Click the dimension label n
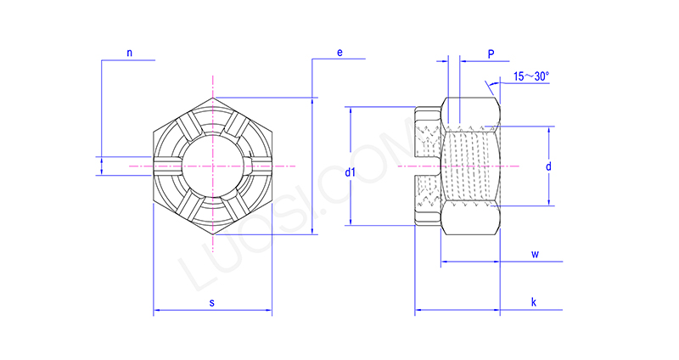click(x=129, y=53)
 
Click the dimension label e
click(x=339, y=53)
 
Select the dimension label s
click(x=211, y=303)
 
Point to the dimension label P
click(x=491, y=53)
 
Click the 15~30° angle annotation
click(x=531, y=76)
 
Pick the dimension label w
click(x=535, y=254)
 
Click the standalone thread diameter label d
click(x=548, y=166)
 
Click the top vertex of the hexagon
click(x=211, y=98)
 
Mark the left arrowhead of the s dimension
click(x=156, y=313)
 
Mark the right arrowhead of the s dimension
click(x=269, y=313)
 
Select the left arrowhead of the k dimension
click(x=418, y=313)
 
